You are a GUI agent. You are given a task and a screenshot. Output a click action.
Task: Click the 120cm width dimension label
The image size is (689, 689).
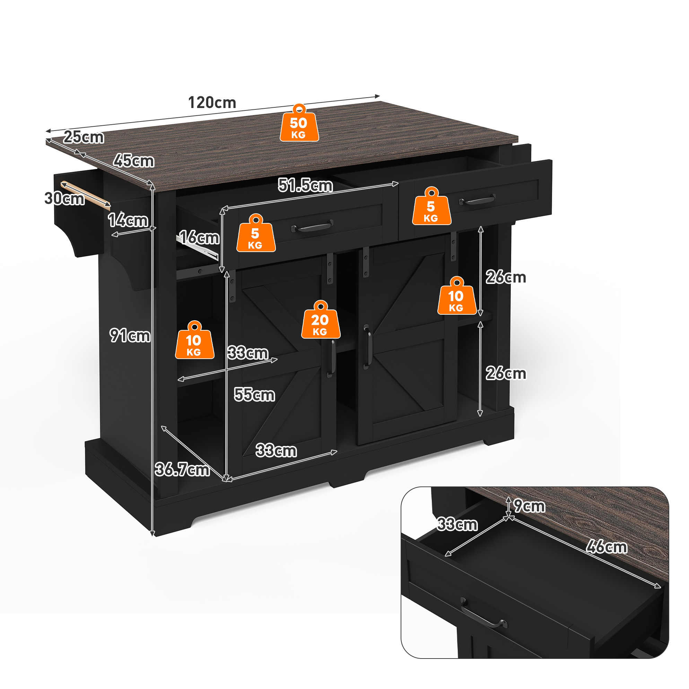click(212, 103)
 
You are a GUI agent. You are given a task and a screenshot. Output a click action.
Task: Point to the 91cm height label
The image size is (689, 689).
click(130, 335)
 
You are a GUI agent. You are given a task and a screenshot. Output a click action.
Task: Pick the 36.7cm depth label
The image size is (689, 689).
click(182, 469)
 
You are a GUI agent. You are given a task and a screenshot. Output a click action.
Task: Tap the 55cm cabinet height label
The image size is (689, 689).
click(254, 395)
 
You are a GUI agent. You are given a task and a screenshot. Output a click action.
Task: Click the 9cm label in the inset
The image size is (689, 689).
click(529, 506)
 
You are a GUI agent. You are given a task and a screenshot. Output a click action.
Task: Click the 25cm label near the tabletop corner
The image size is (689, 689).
click(84, 137)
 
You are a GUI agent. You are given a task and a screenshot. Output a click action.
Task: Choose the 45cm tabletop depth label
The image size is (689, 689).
click(134, 161)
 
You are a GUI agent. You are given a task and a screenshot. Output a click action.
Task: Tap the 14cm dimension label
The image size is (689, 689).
click(128, 220)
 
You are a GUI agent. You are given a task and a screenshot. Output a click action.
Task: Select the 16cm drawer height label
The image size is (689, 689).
click(199, 238)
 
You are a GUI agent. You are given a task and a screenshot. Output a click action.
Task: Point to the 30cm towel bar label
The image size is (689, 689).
click(64, 198)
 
